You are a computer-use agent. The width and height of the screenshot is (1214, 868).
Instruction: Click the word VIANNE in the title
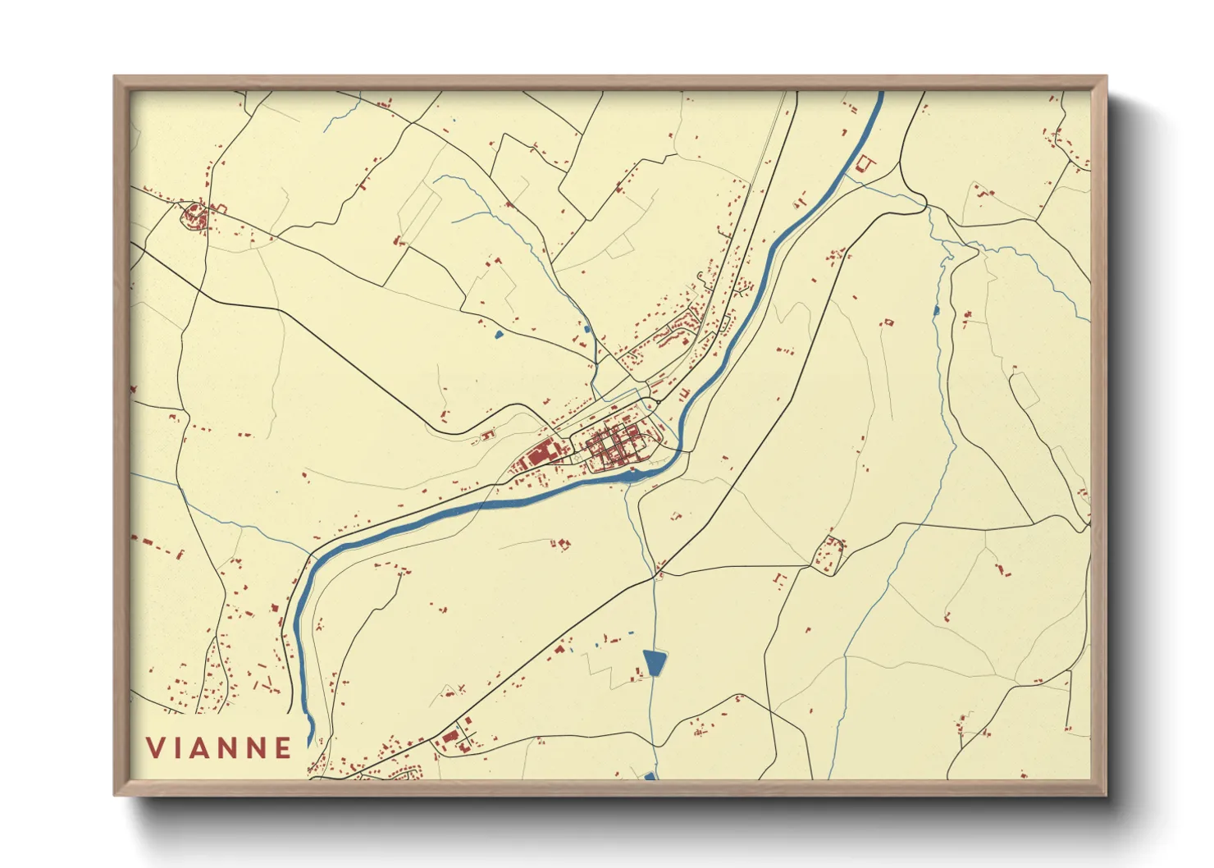[219, 747]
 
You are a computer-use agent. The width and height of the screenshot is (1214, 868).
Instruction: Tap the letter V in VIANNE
[155, 747]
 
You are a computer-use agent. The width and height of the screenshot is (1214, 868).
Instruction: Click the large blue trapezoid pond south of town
[655, 662]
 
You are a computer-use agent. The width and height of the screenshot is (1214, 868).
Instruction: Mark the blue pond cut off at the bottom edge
[650, 775]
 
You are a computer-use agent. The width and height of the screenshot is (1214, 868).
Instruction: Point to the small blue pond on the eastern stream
[935, 310]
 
